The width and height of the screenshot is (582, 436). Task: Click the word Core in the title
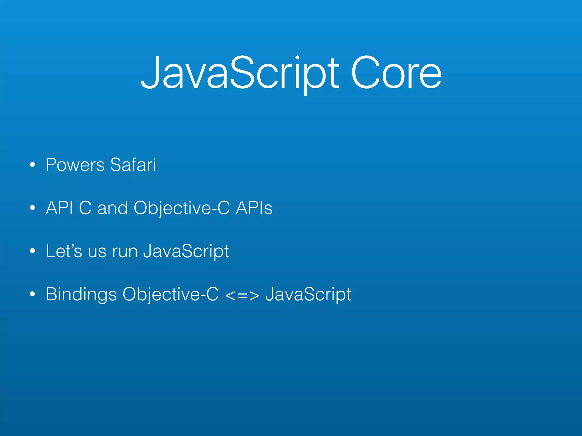click(396, 73)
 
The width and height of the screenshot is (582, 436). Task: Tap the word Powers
click(75, 165)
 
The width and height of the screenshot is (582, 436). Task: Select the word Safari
click(133, 165)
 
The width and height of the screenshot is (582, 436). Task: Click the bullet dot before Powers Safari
click(32, 165)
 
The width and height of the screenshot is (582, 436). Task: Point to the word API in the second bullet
click(59, 208)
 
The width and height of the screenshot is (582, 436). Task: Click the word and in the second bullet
click(113, 208)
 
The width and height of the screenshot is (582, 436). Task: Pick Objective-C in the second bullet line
click(182, 208)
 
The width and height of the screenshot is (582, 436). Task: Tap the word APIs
click(254, 208)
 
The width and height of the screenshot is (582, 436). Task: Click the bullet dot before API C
click(32, 208)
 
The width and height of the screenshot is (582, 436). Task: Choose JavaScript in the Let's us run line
click(186, 251)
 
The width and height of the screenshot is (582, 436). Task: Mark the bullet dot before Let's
click(32, 251)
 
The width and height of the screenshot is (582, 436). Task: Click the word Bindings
click(81, 295)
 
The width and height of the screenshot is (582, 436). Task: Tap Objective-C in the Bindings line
click(171, 295)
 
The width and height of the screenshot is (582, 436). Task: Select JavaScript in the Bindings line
click(308, 295)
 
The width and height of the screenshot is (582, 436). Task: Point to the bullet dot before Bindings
click(32, 294)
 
